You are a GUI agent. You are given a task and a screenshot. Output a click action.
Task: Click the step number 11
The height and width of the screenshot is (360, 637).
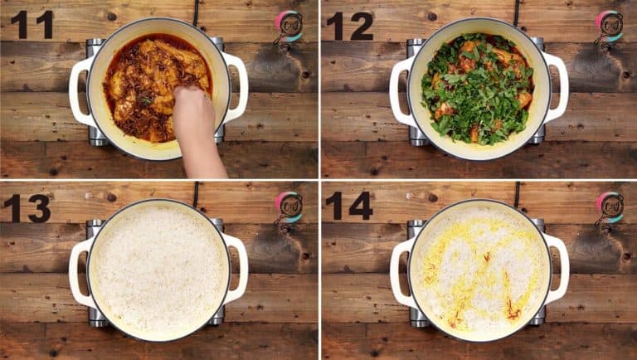click(32, 25)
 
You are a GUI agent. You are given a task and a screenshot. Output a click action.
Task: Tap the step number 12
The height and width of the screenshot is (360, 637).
click(350, 26)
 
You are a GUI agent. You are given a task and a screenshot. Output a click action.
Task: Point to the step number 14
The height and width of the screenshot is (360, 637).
click(349, 207)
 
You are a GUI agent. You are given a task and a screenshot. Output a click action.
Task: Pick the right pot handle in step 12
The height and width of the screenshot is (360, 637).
click(558, 86)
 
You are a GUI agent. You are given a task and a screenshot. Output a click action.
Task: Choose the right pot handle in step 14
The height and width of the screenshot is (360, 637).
click(558, 268)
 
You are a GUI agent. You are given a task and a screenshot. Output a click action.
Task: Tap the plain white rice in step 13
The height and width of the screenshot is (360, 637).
click(158, 270)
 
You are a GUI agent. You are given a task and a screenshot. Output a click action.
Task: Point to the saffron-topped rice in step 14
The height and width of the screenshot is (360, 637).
click(479, 270)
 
